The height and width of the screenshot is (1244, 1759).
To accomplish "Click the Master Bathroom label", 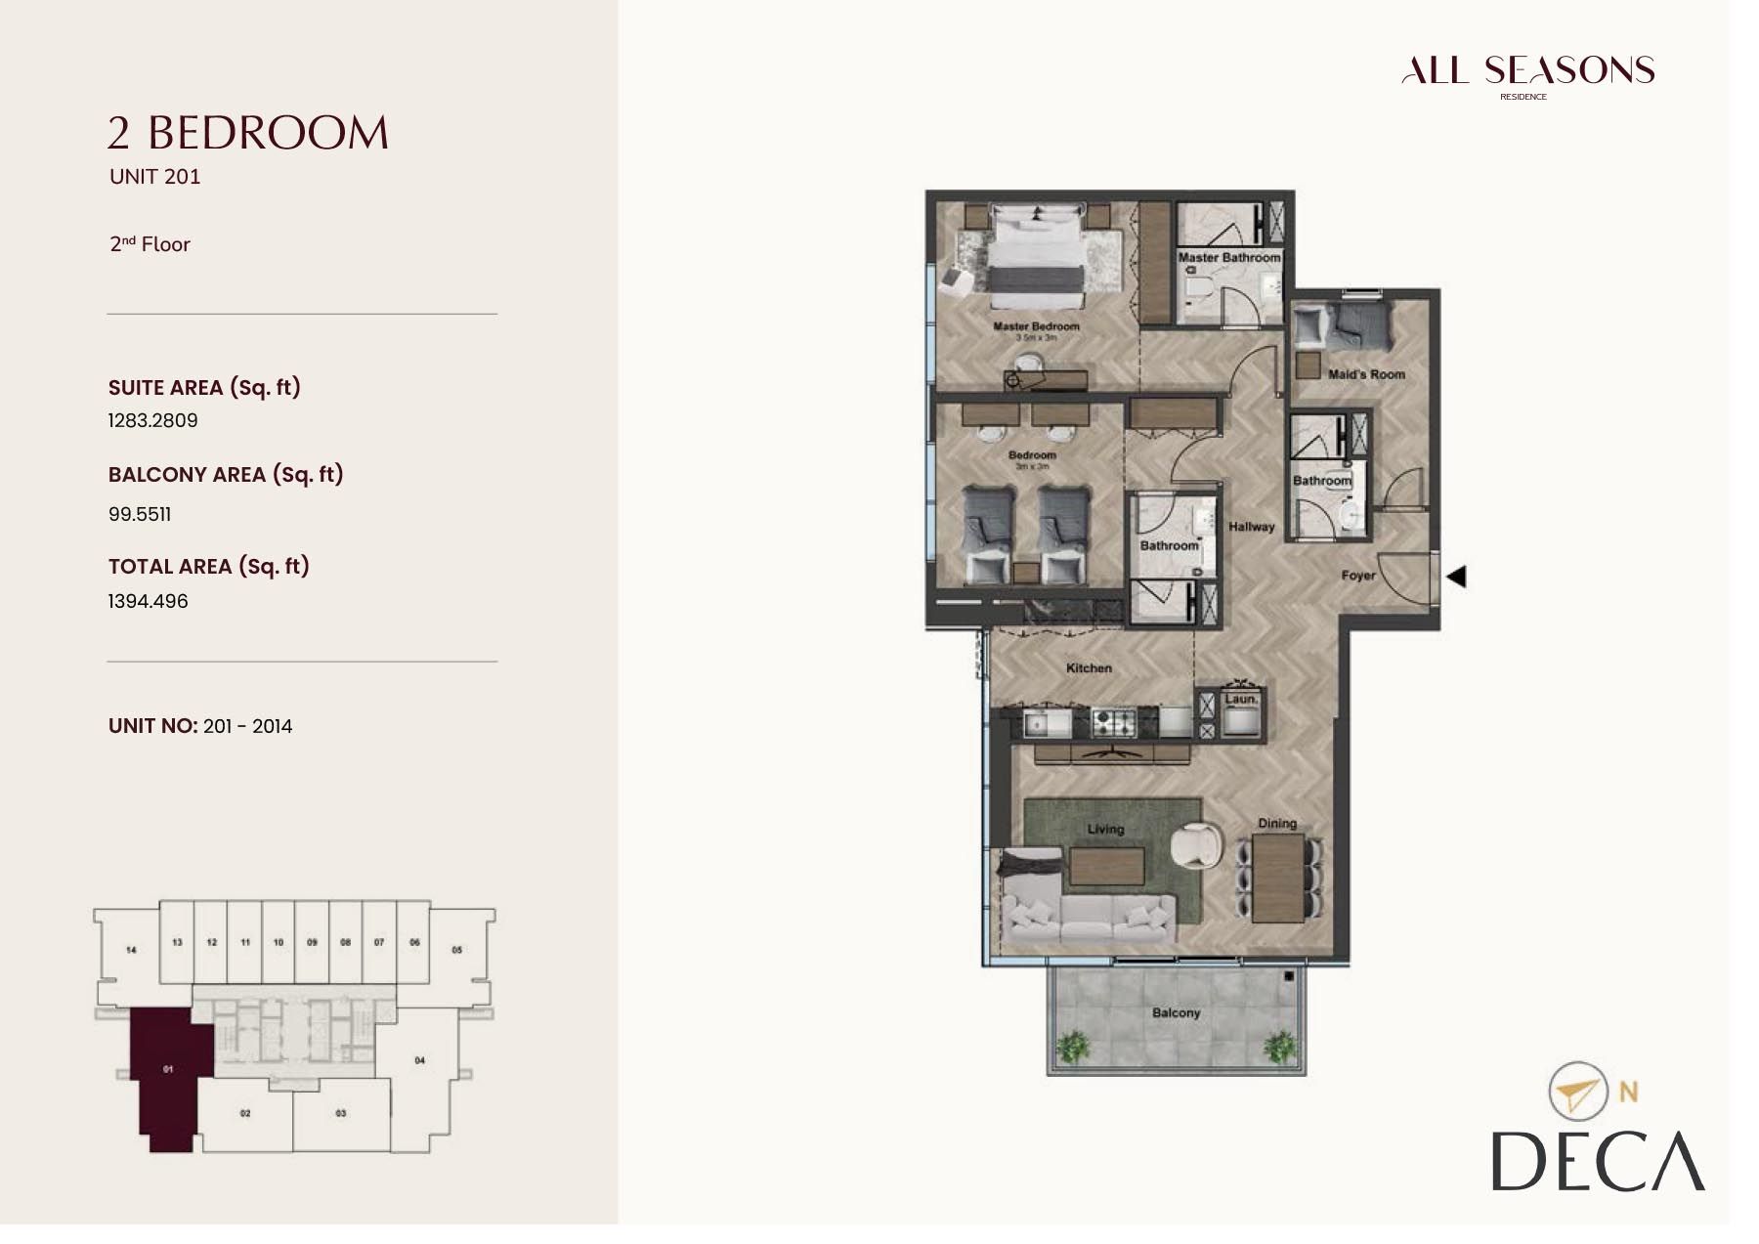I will (1228, 258).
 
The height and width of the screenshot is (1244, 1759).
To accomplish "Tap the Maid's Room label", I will (1366, 374).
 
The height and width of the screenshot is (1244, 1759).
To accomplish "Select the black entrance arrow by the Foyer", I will (1456, 577).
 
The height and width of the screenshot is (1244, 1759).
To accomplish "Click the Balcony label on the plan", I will (1176, 1013).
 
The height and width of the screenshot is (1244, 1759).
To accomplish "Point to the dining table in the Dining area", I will (1278, 878).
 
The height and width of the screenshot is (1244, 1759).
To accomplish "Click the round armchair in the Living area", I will (1195, 845).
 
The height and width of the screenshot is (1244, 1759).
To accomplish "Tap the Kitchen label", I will (1089, 668).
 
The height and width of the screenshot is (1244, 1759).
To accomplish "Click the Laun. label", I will (1241, 700).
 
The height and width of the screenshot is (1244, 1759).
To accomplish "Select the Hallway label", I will (1252, 527).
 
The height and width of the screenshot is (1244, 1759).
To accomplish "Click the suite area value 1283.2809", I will (152, 420).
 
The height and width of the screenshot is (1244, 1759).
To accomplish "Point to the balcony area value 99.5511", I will (140, 514).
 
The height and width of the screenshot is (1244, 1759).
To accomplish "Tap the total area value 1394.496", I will (148, 601).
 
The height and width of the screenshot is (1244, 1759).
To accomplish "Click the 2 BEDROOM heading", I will (248, 133).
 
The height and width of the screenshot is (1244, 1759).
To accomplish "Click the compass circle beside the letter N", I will (1577, 1092).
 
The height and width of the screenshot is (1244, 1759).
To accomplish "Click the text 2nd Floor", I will (150, 244).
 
